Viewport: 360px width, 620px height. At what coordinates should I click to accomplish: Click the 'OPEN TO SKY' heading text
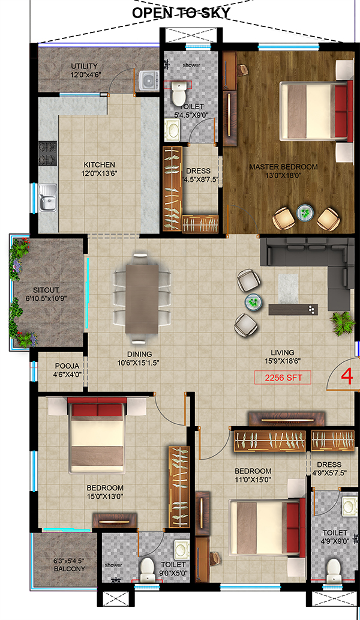[181, 13]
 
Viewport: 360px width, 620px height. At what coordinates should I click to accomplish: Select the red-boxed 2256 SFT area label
[283, 378]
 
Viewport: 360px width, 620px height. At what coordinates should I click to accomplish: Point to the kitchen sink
[48, 197]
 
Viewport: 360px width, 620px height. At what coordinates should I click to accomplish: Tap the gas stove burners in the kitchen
[48, 153]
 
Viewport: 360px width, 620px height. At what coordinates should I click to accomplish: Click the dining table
[142, 298]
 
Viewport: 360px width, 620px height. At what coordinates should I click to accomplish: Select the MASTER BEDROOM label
[283, 167]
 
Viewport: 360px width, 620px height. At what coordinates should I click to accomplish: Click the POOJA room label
[67, 366]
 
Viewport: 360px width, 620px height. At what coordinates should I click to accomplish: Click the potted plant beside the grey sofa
[343, 323]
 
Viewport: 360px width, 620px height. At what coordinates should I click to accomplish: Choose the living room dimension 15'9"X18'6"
[283, 361]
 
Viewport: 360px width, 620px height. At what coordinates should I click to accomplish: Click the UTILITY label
[84, 66]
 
